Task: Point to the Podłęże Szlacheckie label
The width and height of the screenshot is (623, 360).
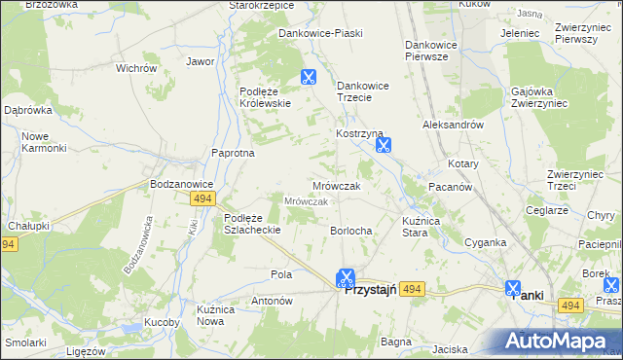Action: point(252,224)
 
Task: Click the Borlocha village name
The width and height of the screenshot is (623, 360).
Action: point(351,231)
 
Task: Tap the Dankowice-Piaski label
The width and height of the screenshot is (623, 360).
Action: point(320,33)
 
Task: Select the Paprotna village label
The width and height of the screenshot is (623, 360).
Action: point(234,153)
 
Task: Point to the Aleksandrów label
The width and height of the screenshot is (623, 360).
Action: point(453,126)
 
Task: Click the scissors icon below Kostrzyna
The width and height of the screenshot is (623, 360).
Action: point(384,147)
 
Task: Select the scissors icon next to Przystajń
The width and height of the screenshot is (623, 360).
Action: point(346,279)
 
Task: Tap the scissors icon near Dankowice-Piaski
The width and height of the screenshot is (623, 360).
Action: point(309,78)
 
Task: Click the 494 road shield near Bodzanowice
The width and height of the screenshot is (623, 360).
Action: point(202,198)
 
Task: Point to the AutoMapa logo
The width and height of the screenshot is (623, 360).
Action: point(561,342)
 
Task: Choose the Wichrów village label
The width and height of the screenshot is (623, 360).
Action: point(136,69)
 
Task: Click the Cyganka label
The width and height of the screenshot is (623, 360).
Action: point(485,242)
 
